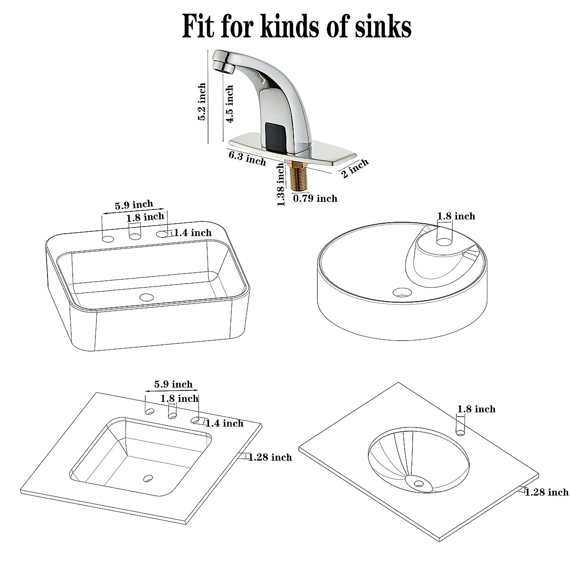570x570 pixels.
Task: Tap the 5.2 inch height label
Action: point(202,102)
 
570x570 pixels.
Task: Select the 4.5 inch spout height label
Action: point(229,104)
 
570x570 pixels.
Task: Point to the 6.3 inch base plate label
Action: point(247,158)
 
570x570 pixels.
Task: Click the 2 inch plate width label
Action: point(355,169)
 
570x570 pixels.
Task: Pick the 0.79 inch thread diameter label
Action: point(315,199)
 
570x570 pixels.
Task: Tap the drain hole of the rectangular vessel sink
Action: point(147,298)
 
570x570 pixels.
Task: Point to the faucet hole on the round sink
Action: point(444,241)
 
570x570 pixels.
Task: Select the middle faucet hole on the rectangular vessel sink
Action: point(135,236)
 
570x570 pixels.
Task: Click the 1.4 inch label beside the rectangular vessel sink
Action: point(192,232)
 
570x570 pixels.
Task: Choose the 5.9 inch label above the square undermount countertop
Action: point(173,384)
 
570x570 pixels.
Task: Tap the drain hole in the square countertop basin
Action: point(149,478)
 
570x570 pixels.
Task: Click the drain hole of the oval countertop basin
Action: point(418,484)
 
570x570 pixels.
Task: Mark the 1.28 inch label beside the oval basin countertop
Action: point(546,492)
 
